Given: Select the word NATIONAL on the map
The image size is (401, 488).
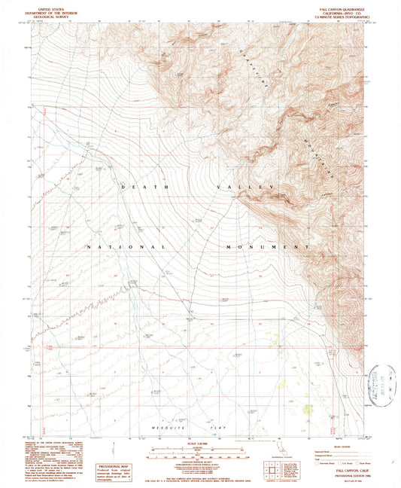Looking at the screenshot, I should click(x=126, y=247).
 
